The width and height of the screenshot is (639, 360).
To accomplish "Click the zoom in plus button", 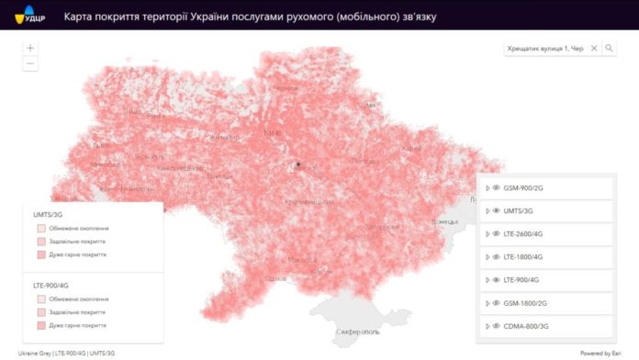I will click(x=30, y=48).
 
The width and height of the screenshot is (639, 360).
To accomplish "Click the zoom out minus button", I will click(x=30, y=63).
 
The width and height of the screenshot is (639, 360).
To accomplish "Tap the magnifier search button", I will click(x=609, y=49).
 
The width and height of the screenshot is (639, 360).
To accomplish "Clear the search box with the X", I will click(x=593, y=49).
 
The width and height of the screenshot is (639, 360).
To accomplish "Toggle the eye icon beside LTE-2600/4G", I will click(x=496, y=233).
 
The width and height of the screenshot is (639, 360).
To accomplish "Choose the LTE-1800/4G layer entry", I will click(x=524, y=256).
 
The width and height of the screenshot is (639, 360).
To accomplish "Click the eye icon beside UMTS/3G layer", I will click(x=496, y=210).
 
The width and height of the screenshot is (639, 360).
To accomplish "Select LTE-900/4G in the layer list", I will click(x=522, y=279).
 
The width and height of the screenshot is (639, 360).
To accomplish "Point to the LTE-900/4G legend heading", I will click(x=51, y=286).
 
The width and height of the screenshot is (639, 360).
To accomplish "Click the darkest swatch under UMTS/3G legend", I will click(x=40, y=253).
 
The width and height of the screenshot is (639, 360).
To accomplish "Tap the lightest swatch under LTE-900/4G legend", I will click(x=40, y=298).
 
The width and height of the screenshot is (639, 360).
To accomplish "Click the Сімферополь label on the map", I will click(x=353, y=331).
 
